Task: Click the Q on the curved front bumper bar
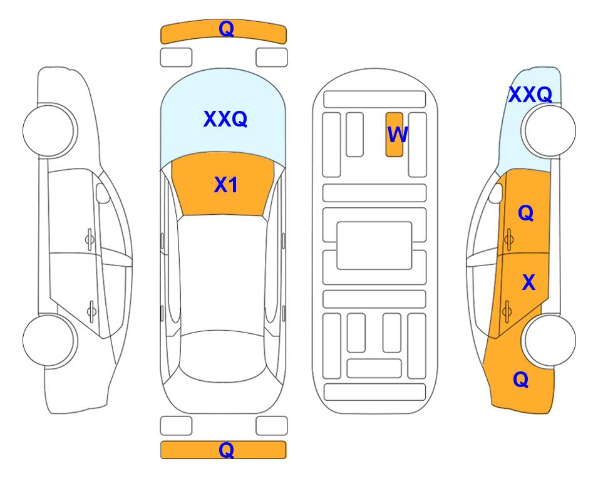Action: (x=226, y=29)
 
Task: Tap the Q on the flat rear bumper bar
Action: (x=226, y=450)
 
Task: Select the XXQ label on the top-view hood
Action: (x=225, y=119)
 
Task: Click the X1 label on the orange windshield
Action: (x=226, y=185)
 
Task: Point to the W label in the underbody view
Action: (x=397, y=135)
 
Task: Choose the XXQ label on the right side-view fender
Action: (x=530, y=95)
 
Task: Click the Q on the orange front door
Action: (x=526, y=213)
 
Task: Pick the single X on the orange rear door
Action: (x=528, y=282)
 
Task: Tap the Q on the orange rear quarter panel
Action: (x=521, y=380)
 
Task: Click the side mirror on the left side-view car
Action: (x=103, y=193)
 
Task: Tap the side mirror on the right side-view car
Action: (x=496, y=193)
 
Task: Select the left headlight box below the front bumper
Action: (x=176, y=58)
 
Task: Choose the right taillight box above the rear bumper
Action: (x=272, y=426)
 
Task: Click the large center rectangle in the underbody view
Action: (x=374, y=246)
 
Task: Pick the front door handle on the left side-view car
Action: (x=90, y=240)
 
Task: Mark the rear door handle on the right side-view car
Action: (x=507, y=311)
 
